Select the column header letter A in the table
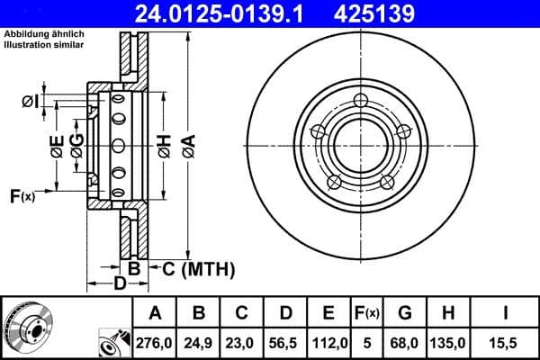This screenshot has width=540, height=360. [x=155, y=313]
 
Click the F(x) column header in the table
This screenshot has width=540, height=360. [x=367, y=313]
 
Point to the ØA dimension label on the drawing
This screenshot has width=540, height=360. [x=187, y=145]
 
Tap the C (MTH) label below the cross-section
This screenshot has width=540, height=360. [x=198, y=268]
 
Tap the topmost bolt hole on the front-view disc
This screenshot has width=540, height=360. [x=360, y=100]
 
